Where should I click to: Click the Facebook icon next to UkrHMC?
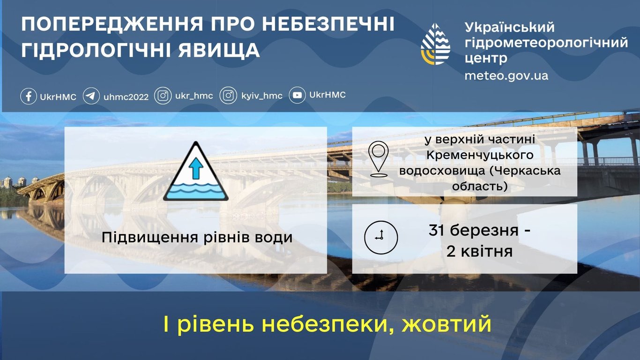click(29, 97)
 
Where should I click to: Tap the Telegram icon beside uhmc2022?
click(91, 97)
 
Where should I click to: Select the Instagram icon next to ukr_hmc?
click(163, 97)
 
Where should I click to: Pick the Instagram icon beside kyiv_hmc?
click(228, 97)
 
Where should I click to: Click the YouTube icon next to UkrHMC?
click(298, 96)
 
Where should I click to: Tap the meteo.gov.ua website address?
click(506, 75)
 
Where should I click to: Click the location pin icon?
click(378, 159)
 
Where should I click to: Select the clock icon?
click(381, 237)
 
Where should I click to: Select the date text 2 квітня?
click(479, 252)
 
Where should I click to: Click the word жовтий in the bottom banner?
click(446, 324)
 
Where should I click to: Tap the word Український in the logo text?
click(509, 27)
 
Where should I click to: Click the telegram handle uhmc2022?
click(126, 97)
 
